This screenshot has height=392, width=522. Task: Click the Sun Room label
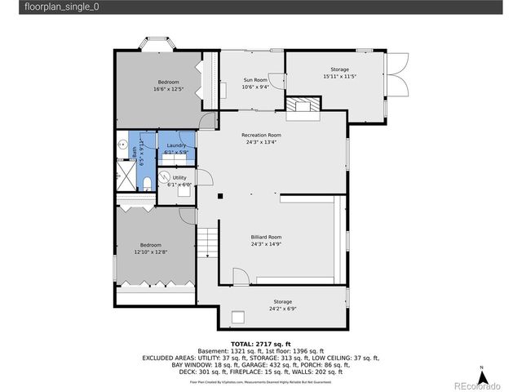coord(255,80)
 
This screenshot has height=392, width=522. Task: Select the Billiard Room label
coord(266,238)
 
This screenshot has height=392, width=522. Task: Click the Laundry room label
coord(176,145)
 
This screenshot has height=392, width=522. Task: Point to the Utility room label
coord(179,177)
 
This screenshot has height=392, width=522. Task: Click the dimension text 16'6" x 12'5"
coord(168,88)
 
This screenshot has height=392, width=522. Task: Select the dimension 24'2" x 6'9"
coord(282,309)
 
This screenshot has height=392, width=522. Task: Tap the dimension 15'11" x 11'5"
coord(339,76)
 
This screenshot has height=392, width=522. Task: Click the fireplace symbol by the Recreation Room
coord(303,104)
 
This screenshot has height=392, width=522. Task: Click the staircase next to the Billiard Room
coord(210,243)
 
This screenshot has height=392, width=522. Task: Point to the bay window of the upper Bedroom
coord(154,43)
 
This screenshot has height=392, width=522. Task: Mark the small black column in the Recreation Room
coord(220,194)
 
